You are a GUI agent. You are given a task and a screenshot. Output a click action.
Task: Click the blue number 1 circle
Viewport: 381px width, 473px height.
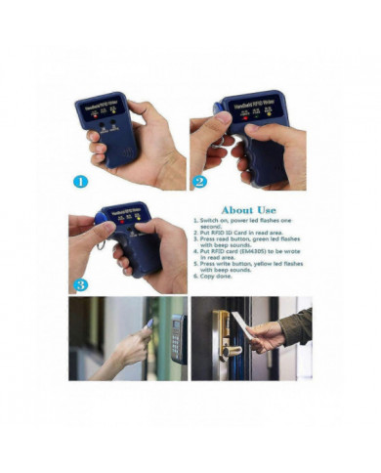(80, 180)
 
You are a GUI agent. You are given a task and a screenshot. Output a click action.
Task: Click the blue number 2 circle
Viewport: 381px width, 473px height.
(200, 180)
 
